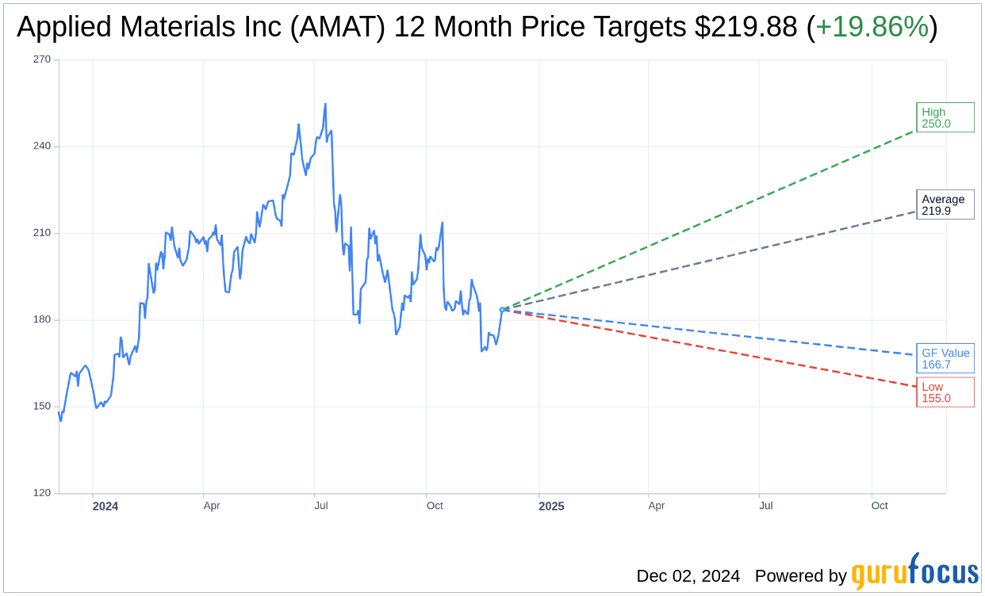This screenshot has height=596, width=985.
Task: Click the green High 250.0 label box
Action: tap(945, 117)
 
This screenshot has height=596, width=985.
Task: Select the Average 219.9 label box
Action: tap(945, 204)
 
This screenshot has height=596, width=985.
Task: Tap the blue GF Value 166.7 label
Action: tap(945, 358)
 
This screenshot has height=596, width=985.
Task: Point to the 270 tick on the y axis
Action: tap(41, 59)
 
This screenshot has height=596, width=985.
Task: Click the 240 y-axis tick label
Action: tap(41, 146)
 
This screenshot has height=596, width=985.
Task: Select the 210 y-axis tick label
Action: tap(41, 233)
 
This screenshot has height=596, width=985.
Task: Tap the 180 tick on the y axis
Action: tap(41, 319)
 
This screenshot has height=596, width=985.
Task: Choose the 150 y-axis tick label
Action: tap(41, 407)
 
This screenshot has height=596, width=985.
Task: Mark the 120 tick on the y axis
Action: tap(41, 493)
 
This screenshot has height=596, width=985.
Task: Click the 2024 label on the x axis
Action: tap(105, 506)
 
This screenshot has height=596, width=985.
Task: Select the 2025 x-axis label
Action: tap(551, 506)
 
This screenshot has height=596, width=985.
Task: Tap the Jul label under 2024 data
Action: tap(321, 506)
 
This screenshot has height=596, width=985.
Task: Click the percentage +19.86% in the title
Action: tap(872, 27)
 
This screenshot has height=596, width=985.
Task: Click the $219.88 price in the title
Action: tap(745, 27)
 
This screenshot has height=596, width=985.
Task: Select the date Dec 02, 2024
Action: tap(688, 575)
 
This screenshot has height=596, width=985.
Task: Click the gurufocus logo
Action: tap(914, 572)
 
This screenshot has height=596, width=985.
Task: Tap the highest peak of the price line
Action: tap(325, 104)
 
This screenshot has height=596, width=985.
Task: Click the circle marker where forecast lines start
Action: tap(501, 310)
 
